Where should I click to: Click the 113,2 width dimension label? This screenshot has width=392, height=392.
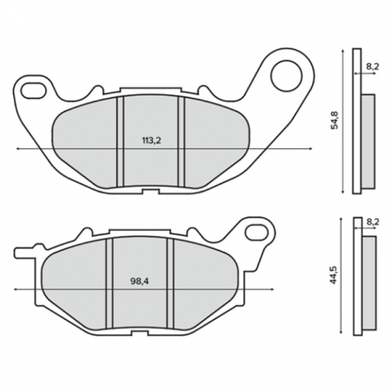point(152,140)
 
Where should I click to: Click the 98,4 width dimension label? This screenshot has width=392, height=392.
point(140,281)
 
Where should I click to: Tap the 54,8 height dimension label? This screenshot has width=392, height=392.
point(335,120)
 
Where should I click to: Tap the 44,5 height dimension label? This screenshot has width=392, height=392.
point(334,274)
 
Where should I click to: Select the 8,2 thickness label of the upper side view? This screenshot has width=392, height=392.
point(373,67)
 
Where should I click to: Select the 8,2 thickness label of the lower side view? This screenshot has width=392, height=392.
point(373,222)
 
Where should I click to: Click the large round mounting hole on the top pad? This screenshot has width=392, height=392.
point(286,75)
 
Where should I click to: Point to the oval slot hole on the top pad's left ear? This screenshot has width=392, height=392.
point(34,91)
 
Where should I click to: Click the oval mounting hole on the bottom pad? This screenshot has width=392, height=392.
point(257,232)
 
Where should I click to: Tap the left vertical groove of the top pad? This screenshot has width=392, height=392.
point(121,141)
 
